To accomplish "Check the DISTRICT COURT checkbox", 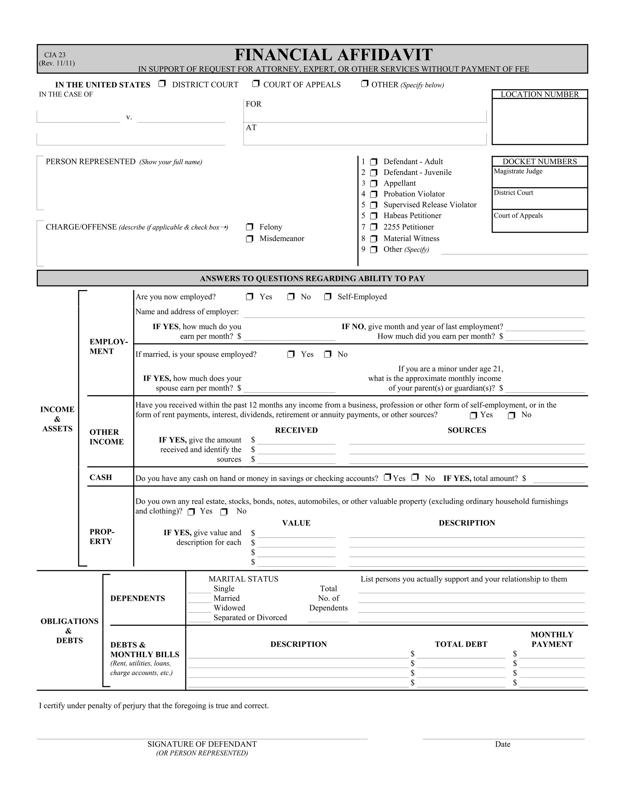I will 162,84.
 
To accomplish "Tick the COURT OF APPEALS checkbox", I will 256,84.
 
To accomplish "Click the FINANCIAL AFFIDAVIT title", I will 333,55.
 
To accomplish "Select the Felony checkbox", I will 250,227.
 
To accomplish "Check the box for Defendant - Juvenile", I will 374,172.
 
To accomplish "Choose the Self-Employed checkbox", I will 328,297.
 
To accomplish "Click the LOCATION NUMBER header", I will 540,94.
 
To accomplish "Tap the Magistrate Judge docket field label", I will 518,171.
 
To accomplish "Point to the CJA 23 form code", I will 55,55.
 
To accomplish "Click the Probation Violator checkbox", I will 374,194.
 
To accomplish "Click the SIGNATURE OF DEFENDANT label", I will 202,744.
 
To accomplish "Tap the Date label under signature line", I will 502,744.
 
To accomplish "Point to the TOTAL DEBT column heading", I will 461,644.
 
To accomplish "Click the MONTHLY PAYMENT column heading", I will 552,639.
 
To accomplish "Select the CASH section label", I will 101,477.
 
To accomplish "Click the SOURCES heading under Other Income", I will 467,430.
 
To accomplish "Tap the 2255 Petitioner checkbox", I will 374,227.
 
